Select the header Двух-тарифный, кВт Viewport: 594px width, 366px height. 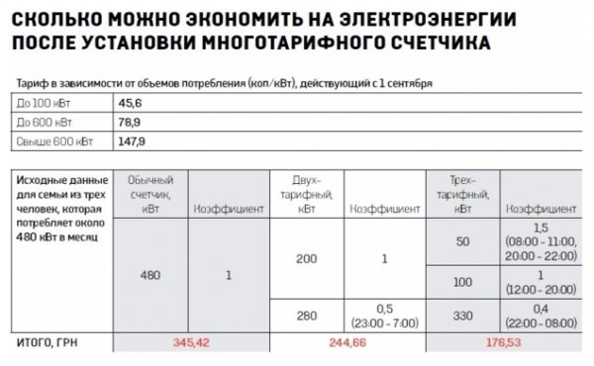click(307, 195)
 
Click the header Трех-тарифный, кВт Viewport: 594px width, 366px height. click(463, 195)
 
